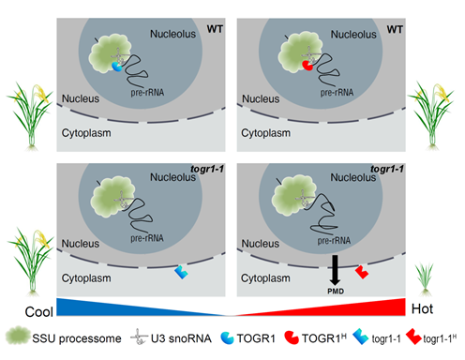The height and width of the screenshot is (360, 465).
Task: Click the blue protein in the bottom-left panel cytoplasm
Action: click(x=183, y=272)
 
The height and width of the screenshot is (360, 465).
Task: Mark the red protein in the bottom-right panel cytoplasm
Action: click(x=362, y=270)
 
